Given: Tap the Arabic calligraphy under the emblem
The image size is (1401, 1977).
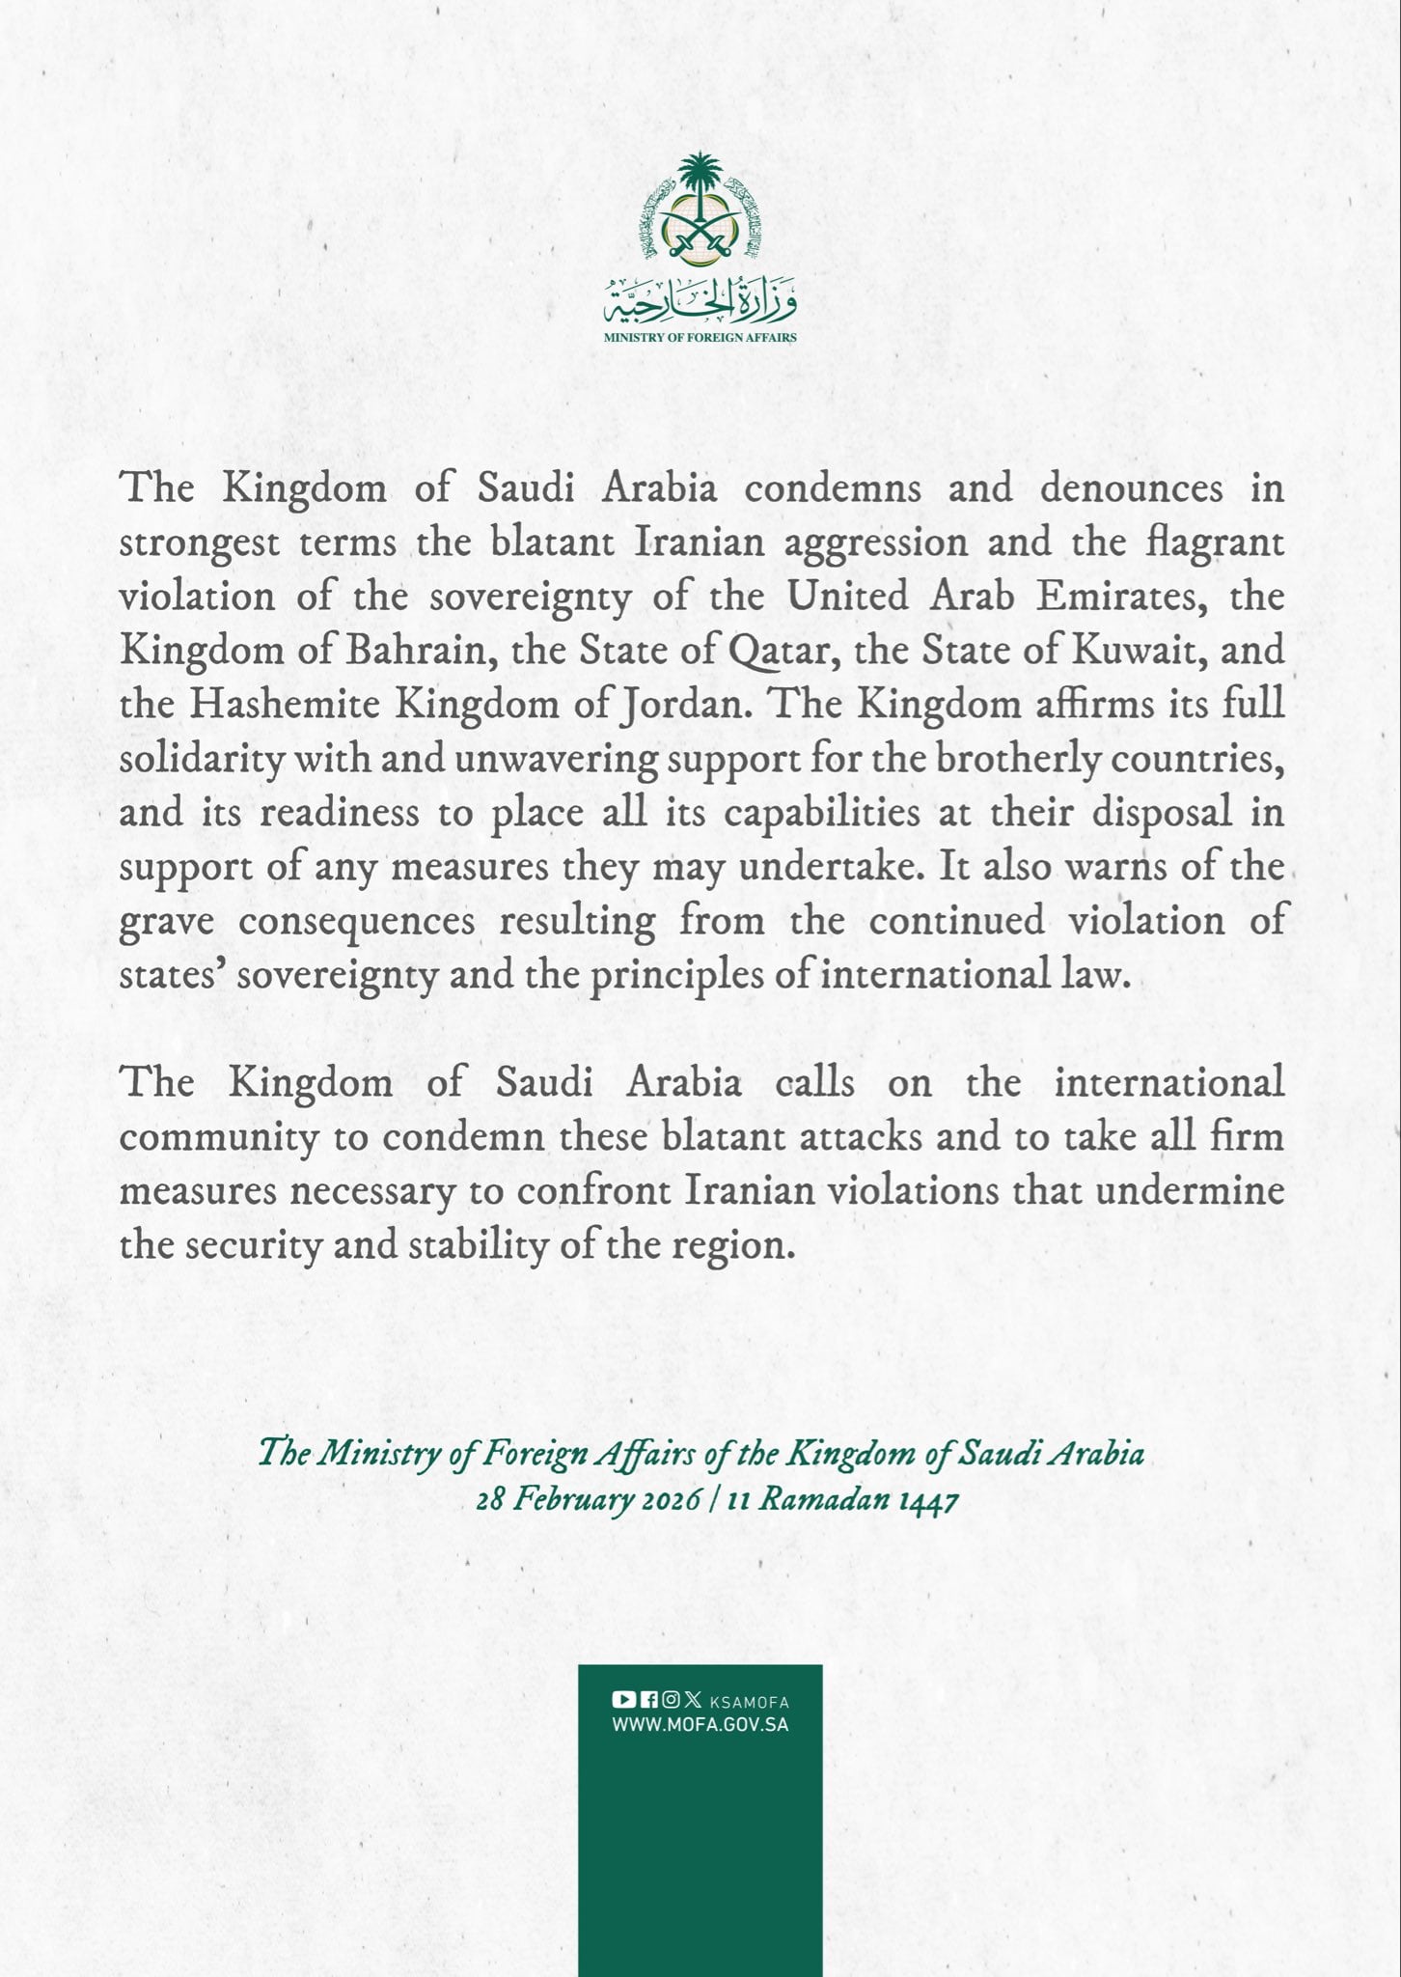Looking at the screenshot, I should click(700, 303).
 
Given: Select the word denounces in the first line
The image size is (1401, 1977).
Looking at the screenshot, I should click(1131, 487).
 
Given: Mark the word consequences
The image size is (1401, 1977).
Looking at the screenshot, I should click(357, 921).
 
